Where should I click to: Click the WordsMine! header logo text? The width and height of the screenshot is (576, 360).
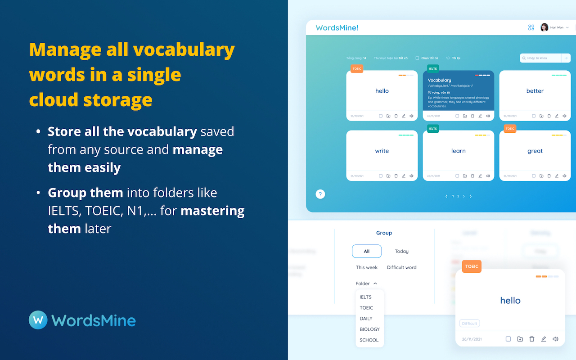(337, 28)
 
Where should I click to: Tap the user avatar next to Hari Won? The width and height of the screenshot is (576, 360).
(544, 27)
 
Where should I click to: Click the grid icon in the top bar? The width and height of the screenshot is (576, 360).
(531, 27)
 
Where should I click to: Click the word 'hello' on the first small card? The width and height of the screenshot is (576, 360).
(382, 91)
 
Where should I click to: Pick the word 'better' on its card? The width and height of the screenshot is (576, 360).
(535, 91)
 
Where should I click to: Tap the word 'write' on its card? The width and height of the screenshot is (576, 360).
(382, 151)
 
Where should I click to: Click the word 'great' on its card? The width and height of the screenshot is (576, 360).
(535, 151)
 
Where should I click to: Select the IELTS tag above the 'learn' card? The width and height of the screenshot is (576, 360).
(433, 129)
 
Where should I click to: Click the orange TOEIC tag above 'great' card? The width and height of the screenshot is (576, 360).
(510, 129)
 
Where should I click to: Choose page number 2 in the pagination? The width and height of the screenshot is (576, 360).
(458, 196)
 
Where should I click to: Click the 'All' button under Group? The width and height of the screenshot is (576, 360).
(367, 251)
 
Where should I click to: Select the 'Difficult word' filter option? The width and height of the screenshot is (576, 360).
(402, 267)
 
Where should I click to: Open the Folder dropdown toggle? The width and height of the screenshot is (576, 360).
(366, 283)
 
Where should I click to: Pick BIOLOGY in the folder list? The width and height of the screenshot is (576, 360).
(369, 329)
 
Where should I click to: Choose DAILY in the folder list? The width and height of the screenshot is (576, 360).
(366, 319)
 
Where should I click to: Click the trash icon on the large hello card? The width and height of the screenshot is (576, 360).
(532, 339)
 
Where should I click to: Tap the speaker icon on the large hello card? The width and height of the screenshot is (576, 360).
(555, 339)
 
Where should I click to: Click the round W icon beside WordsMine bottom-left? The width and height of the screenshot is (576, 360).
(38, 320)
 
